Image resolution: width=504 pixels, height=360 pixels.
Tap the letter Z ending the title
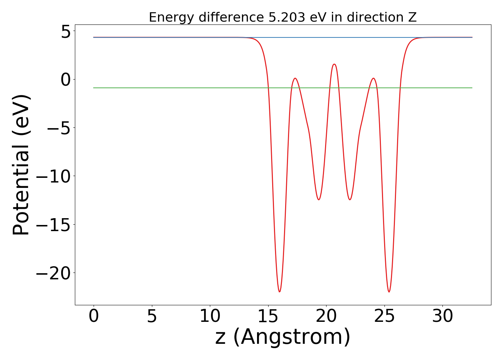412,17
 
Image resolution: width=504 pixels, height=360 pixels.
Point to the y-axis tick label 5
66,32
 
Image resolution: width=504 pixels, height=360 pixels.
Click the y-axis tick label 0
66,80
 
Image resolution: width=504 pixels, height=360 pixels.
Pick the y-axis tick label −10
53,176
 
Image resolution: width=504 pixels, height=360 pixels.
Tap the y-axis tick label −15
53,225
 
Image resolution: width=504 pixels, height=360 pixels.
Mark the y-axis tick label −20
53,273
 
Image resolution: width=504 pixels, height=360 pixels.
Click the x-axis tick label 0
94,316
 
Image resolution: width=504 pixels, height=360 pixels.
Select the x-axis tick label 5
152,316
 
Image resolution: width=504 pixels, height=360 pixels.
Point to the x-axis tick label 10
210,316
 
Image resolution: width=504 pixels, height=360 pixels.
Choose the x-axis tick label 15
268,316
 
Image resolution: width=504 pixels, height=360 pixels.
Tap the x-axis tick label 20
326,316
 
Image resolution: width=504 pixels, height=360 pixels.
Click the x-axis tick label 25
384,316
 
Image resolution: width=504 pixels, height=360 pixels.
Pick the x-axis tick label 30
442,316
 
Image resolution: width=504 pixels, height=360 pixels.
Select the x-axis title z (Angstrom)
283,337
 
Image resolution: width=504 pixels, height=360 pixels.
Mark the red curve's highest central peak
334,64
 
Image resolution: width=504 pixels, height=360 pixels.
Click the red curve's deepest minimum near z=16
279,292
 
